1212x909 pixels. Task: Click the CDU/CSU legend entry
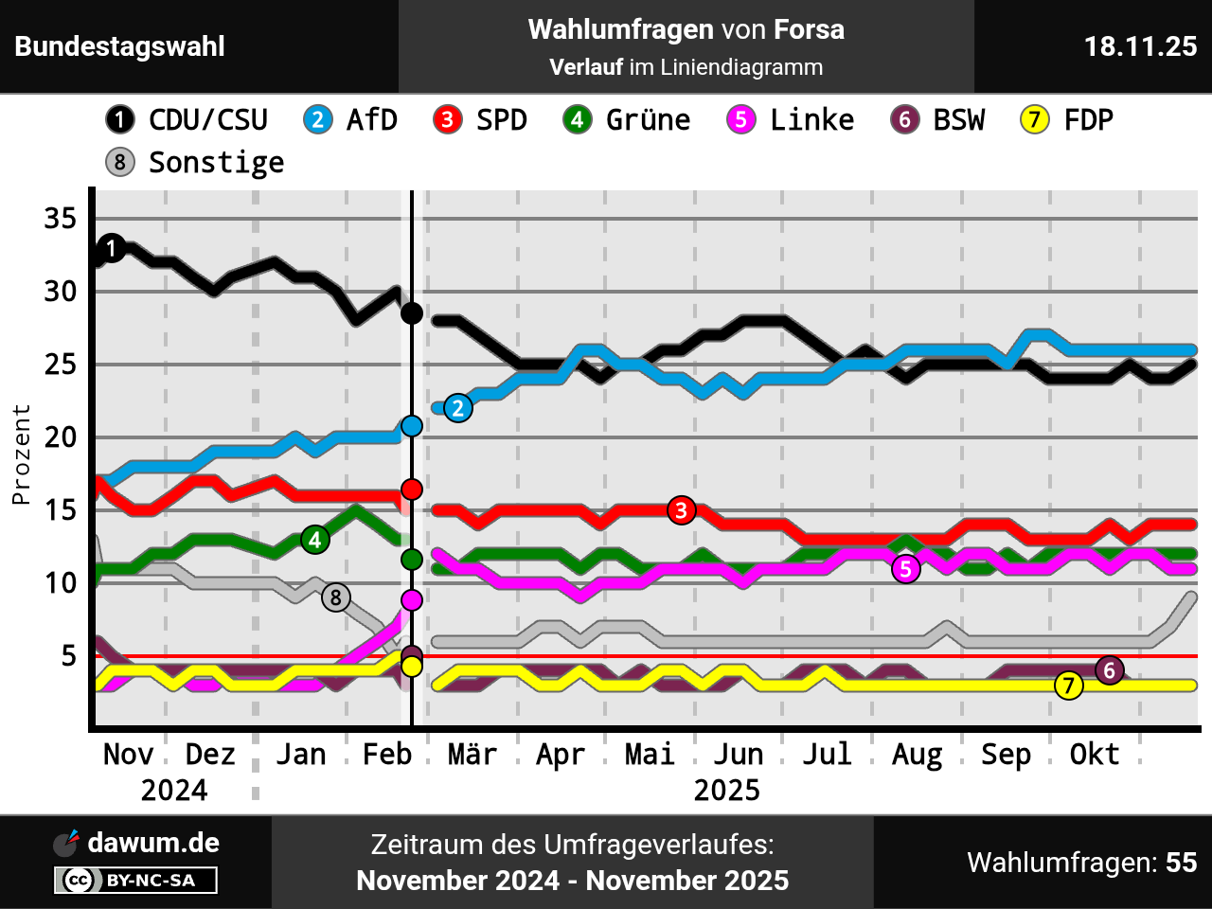click(187, 120)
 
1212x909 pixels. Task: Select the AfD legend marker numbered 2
click(318, 120)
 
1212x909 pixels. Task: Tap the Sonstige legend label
click(216, 163)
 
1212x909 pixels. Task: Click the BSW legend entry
click(938, 120)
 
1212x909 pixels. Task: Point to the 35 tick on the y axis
click(60, 219)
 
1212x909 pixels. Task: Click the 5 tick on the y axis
click(67, 655)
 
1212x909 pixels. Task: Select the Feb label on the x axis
click(387, 755)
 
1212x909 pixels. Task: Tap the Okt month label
click(1094, 755)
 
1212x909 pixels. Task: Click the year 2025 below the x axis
click(726, 791)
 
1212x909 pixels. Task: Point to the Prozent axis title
click(21, 454)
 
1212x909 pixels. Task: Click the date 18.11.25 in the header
click(1140, 46)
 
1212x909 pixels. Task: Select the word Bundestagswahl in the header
click(119, 46)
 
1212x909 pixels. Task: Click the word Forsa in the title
click(809, 29)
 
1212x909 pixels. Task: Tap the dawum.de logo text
click(153, 843)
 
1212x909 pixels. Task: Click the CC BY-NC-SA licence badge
click(135, 881)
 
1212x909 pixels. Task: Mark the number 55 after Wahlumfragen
click(1181, 863)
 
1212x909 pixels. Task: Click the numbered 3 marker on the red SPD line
click(681, 510)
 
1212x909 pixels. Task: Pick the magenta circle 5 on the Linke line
click(906, 569)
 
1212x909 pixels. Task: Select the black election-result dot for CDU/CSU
click(412, 313)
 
